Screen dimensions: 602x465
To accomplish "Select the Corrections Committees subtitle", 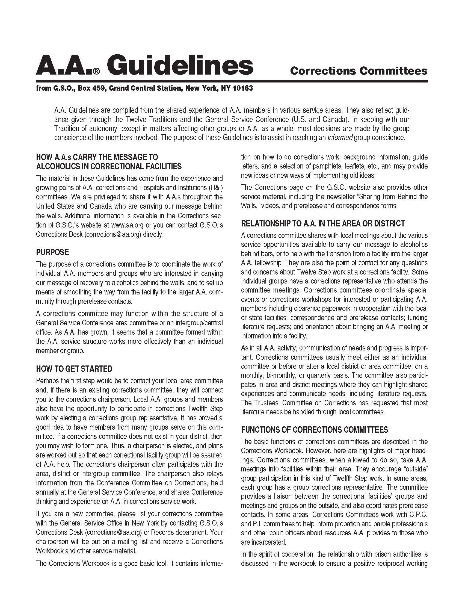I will coord(359,71).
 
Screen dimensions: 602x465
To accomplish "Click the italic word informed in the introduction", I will coord(340,138).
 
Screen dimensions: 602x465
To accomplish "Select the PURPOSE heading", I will coord(52,252).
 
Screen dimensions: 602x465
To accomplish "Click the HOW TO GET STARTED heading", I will coord(74,369).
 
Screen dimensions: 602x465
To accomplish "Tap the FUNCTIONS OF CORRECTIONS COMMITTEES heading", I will coord(314,430).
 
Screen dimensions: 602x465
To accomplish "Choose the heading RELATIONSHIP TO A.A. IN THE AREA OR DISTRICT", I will coord(323,223).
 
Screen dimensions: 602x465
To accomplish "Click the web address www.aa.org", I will coord(127,225).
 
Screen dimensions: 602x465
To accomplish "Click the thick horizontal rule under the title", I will coord(232,81).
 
